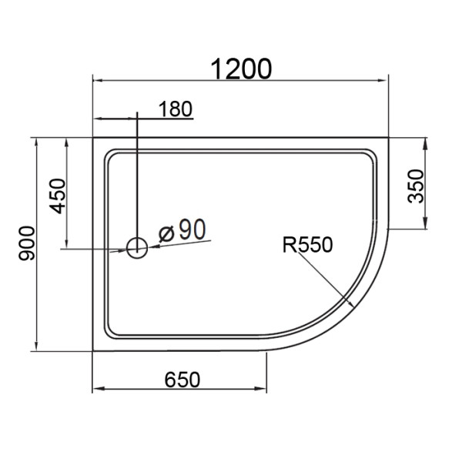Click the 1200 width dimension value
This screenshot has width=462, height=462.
242,69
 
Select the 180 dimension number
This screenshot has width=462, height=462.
175,109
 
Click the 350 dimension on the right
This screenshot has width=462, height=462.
417,186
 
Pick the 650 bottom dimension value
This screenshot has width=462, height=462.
182,380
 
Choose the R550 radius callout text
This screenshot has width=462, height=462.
307,245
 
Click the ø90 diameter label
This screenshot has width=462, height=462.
182,229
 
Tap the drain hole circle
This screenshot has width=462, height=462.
137,247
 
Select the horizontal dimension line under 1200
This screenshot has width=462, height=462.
239,80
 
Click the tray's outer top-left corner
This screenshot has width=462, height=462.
93,139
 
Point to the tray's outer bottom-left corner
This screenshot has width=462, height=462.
93,352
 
